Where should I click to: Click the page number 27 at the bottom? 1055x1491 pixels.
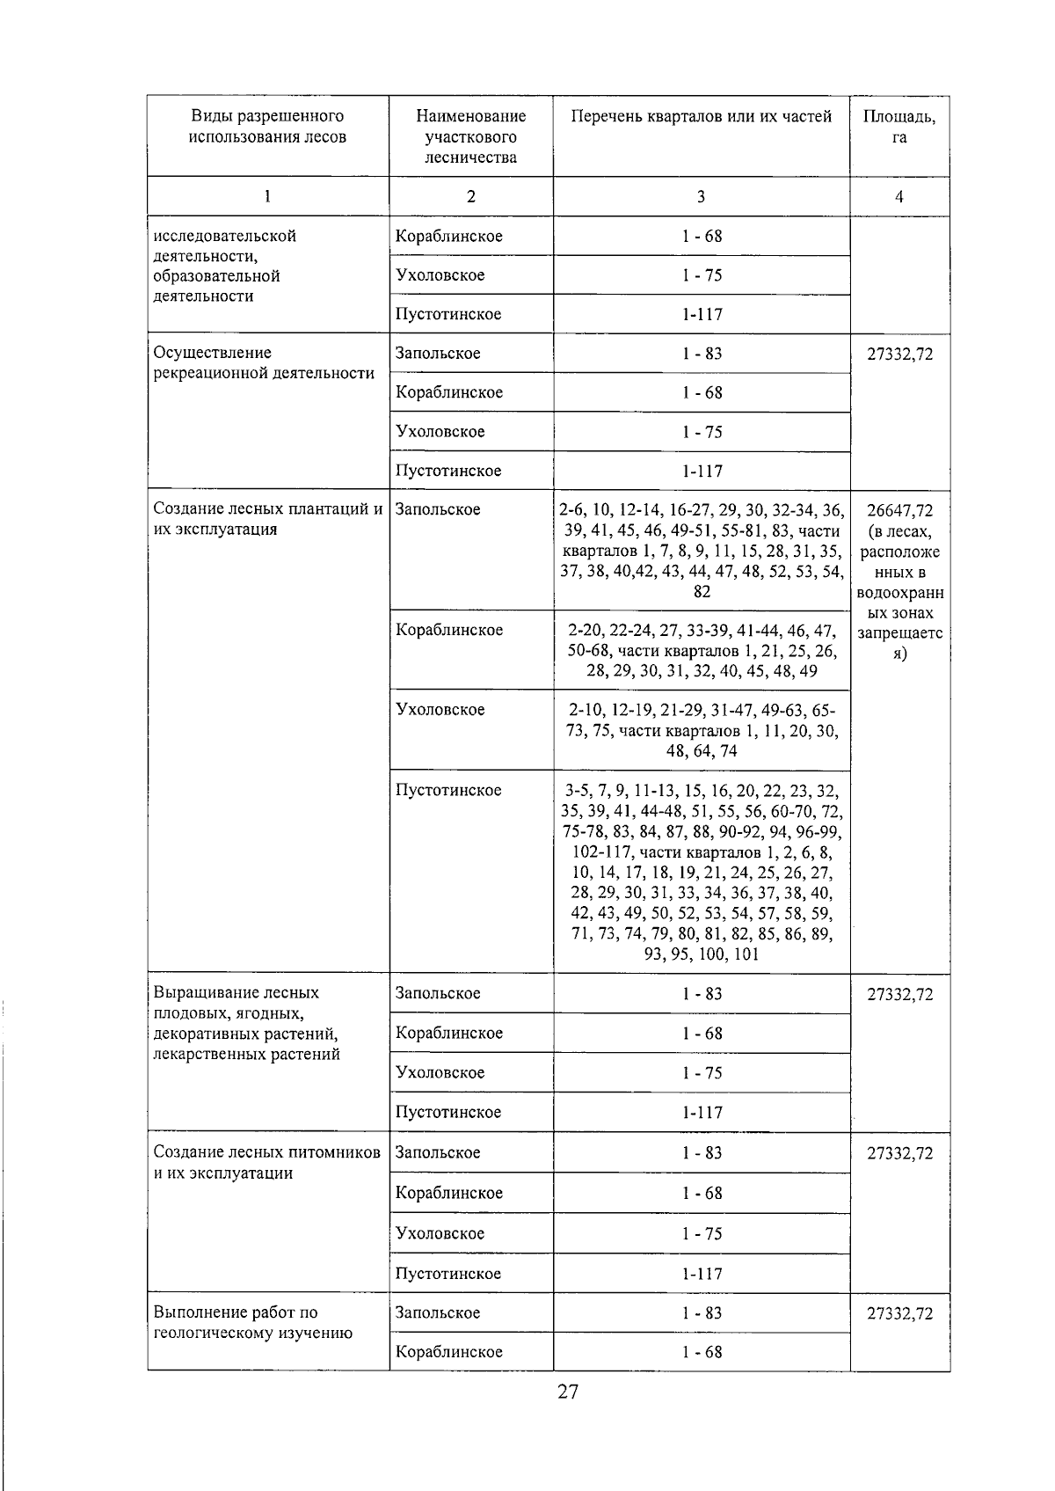coord(567,1392)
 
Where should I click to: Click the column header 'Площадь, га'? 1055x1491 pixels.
coord(899,127)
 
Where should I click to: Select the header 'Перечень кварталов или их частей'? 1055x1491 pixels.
coord(701,116)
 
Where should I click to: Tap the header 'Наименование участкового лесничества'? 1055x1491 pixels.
coord(470,136)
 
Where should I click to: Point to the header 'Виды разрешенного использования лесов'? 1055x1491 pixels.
coord(267,126)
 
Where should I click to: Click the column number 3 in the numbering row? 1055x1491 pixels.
coord(701,197)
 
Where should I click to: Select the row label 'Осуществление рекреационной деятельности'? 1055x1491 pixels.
coord(264,362)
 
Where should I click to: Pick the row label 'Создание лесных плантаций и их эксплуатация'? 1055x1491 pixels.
coord(267,519)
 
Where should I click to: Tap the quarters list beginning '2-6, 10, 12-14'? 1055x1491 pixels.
coord(701,550)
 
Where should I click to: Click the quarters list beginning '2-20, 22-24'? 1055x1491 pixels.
coord(701,650)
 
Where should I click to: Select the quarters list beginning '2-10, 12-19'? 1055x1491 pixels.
coord(701,729)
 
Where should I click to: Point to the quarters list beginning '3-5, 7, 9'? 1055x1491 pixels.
coord(701,872)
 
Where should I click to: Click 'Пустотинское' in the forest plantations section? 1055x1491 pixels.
coord(448,790)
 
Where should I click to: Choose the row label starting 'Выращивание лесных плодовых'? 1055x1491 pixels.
coord(246,1023)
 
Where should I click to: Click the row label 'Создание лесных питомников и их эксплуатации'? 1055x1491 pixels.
coord(266,1162)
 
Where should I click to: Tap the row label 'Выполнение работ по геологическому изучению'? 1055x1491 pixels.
coord(253,1322)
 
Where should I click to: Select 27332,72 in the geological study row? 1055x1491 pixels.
coord(899,1313)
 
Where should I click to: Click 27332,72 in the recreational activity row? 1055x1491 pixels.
coord(899,354)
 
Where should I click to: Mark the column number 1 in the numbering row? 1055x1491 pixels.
coord(267,197)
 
